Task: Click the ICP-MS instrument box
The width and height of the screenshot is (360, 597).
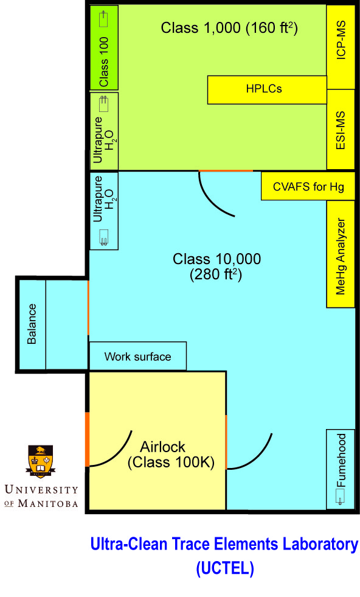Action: [x=341, y=46]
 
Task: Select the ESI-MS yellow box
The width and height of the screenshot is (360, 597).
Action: [x=341, y=130]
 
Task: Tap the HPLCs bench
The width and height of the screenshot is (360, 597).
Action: [x=267, y=90]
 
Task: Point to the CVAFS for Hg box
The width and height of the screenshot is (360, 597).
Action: [x=308, y=186]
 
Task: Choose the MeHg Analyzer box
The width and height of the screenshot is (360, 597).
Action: [x=341, y=254]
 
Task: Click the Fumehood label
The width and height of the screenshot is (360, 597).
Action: [x=341, y=460]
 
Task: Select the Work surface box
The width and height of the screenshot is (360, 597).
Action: [x=138, y=356]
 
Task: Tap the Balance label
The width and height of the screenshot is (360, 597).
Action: [x=32, y=324]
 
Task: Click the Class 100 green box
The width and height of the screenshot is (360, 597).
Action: [x=104, y=47]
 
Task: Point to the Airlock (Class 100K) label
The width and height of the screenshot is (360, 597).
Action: [x=171, y=455]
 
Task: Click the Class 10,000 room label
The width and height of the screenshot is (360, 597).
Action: [x=216, y=266]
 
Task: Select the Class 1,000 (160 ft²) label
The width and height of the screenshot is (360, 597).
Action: [x=229, y=28]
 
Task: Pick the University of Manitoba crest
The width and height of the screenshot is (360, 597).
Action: [x=40, y=461]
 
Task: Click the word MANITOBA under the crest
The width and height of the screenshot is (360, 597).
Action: [x=48, y=503]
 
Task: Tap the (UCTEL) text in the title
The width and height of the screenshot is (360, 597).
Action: [x=225, y=568]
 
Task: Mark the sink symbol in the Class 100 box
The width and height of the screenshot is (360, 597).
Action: [x=103, y=19]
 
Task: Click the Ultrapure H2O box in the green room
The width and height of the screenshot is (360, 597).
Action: [x=104, y=131]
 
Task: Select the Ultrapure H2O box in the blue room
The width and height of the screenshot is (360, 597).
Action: [x=104, y=211]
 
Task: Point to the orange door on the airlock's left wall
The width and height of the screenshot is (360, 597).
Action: [x=87, y=439]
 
